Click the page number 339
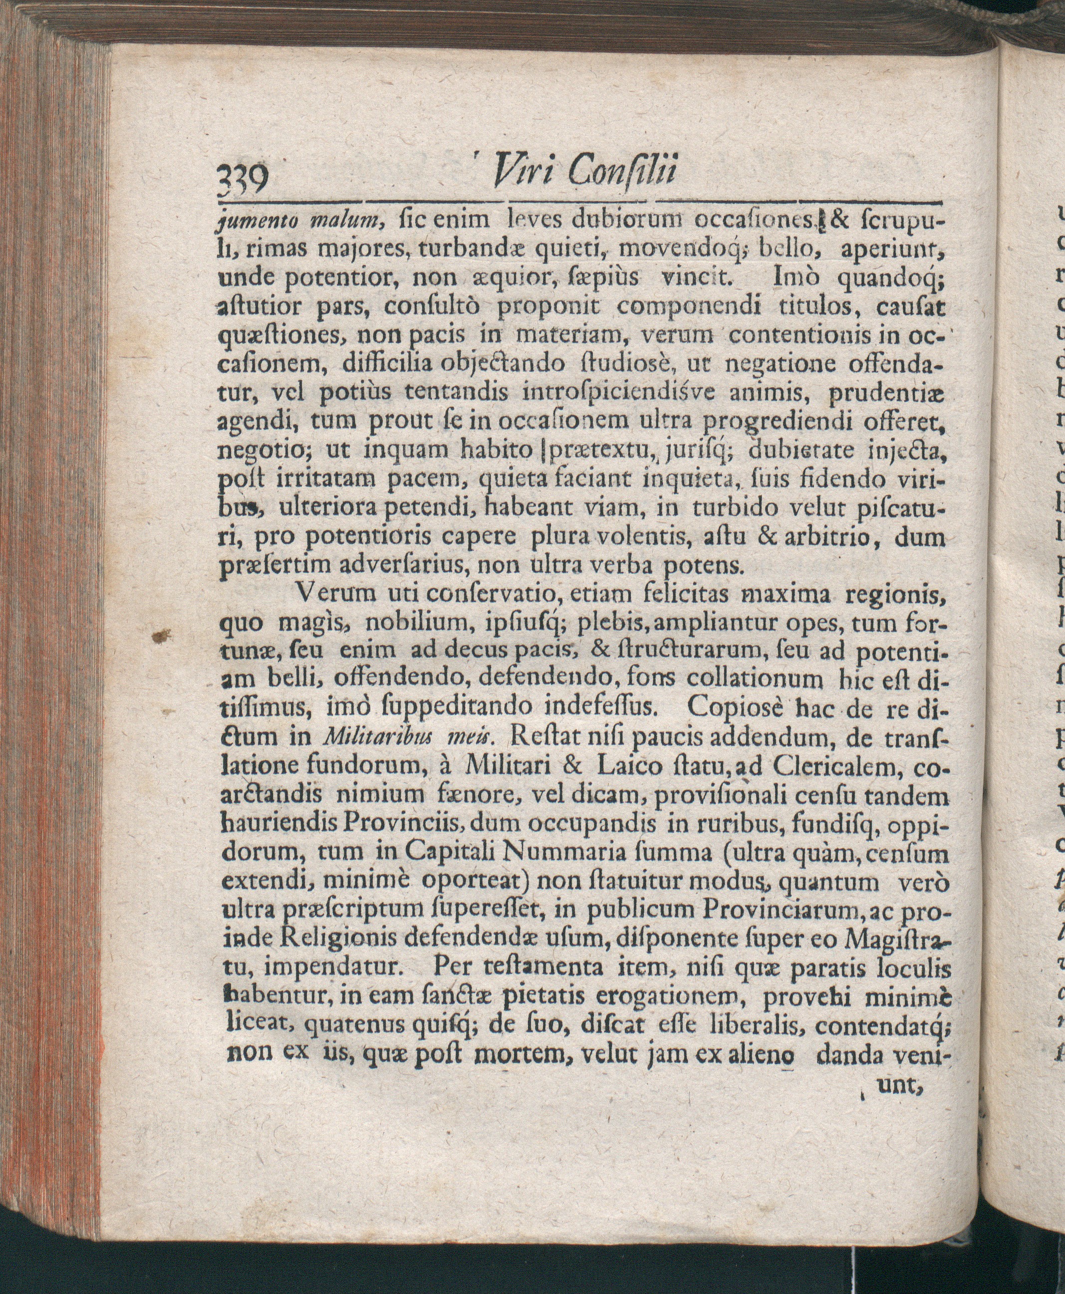pos(244,182)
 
